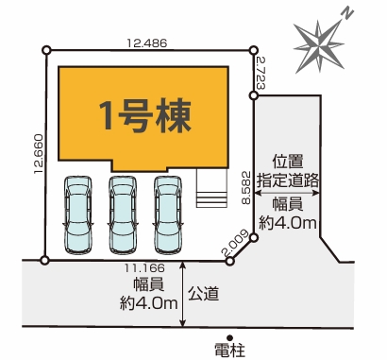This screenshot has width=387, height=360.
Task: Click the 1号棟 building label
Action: [145, 115]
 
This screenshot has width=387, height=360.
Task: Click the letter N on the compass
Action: [347, 13]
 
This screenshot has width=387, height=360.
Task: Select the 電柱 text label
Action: [229, 350]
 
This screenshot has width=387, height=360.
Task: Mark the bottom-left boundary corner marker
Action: [46, 260]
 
